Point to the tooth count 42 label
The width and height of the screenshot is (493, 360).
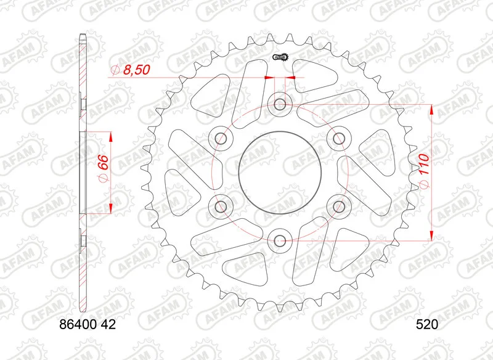click(x=108, y=324)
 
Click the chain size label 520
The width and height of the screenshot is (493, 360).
click(x=427, y=324)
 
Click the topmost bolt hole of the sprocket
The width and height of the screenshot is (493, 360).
click(x=280, y=104)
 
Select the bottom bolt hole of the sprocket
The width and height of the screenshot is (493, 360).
click(x=280, y=241)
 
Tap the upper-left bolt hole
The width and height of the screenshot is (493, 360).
click(x=221, y=138)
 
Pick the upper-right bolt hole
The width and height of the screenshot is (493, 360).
click(x=338, y=138)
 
